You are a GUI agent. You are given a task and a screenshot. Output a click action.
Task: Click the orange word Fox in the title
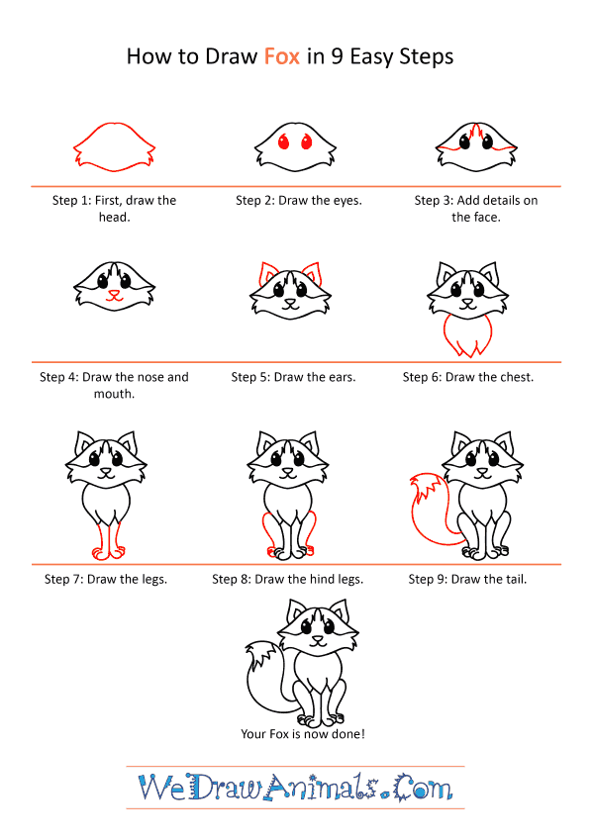[x=281, y=56]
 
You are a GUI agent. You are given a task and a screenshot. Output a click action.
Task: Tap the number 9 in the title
[x=337, y=56]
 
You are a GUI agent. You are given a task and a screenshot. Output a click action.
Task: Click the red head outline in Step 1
[x=114, y=124]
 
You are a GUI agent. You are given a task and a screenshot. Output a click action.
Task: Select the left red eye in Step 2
[x=283, y=141]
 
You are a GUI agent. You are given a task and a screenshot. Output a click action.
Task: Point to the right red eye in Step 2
[x=306, y=141]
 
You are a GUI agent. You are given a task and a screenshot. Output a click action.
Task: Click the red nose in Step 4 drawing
[x=114, y=293]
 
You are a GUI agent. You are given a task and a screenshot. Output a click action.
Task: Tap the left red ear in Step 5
[x=266, y=273]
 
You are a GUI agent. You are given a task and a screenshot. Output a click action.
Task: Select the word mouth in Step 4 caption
[x=114, y=394]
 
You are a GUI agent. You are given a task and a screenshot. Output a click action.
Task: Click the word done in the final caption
[x=347, y=734]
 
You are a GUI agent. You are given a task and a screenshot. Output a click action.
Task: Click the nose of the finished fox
[x=318, y=639]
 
